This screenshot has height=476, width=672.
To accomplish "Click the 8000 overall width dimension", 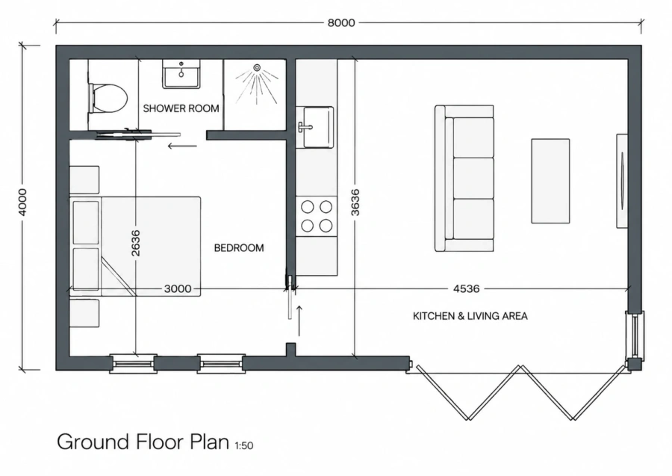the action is click(x=341, y=22).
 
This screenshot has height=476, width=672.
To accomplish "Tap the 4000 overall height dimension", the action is click(x=23, y=203).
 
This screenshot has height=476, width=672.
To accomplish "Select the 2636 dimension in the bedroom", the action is click(x=135, y=243).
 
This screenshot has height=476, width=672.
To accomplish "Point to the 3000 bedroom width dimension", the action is click(x=178, y=288).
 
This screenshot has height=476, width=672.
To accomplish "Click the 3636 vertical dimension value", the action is click(x=355, y=202).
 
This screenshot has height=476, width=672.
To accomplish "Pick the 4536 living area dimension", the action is click(x=466, y=288).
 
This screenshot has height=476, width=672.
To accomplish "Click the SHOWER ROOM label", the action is click(x=181, y=108).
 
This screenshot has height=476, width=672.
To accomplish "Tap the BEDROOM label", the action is click(x=239, y=248).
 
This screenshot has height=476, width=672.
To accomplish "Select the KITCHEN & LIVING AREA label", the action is click(x=470, y=316).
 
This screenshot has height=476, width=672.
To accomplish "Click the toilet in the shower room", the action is click(x=108, y=98).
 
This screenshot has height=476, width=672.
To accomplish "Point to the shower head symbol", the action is click(x=257, y=67).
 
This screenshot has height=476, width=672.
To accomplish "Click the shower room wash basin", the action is click(x=181, y=74).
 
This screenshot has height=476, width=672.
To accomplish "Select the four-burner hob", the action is click(x=317, y=216).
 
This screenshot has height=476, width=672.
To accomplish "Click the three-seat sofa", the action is click(x=464, y=178).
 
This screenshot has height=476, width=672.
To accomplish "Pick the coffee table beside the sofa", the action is click(x=550, y=181).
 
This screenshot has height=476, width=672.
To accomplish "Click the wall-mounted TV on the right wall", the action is click(x=622, y=181).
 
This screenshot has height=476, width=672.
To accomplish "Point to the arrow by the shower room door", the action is click(x=182, y=146).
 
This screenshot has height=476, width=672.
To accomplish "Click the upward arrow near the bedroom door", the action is click(x=299, y=321).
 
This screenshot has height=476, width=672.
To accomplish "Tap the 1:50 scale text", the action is click(x=244, y=446).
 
